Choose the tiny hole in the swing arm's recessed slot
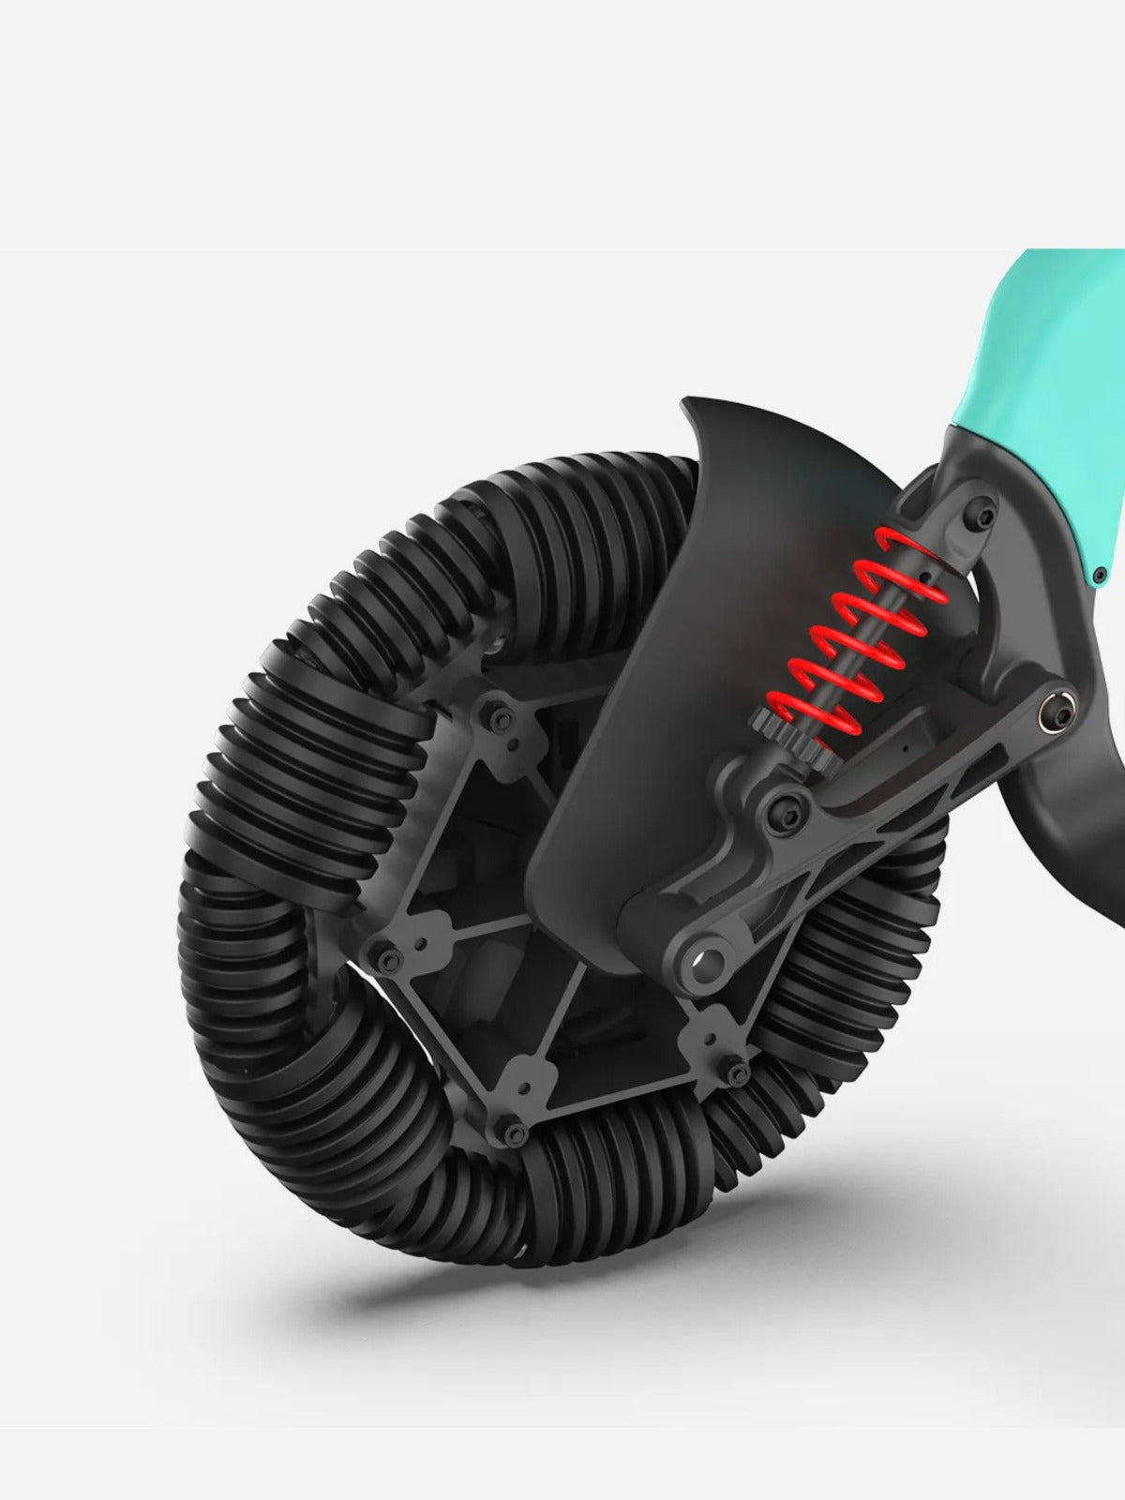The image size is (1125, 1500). tap(905, 749)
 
